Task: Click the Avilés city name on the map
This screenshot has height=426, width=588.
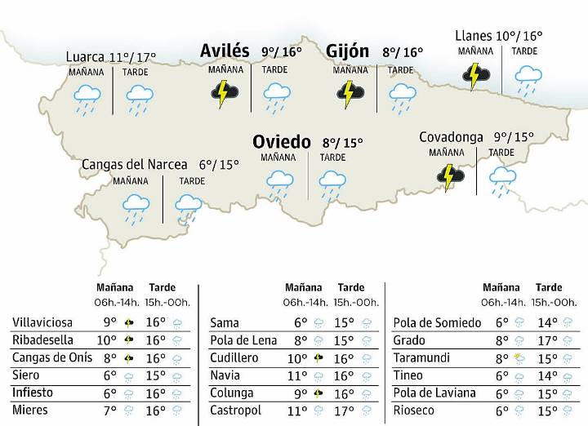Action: tap(225, 51)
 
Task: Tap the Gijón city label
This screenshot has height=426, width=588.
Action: tap(347, 51)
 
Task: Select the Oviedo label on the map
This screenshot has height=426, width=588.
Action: tap(281, 142)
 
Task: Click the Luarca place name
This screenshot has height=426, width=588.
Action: tap(85, 57)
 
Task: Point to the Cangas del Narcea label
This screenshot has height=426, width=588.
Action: tap(134, 164)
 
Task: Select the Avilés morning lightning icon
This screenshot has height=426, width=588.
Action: tap(225, 93)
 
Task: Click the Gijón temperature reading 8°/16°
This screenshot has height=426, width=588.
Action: tap(403, 53)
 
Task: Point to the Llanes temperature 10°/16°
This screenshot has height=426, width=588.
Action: tap(520, 36)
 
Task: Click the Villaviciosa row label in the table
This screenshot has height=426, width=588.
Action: tap(42, 322)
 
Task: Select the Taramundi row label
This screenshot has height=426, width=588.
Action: tap(419, 358)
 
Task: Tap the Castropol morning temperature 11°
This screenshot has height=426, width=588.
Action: tap(299, 410)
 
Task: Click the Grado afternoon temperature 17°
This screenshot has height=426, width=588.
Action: tap(547, 340)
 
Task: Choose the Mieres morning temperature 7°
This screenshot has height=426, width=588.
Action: tap(109, 410)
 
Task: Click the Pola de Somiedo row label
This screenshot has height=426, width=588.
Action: tap(432, 322)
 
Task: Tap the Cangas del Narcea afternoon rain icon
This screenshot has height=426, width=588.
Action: tap(189, 208)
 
